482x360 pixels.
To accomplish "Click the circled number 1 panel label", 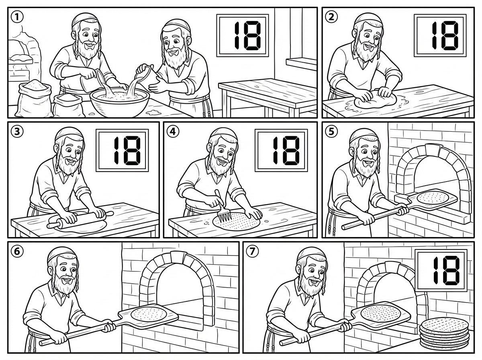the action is (17, 17).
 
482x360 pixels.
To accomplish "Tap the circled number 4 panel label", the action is (173, 132).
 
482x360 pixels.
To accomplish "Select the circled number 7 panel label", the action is (252, 252).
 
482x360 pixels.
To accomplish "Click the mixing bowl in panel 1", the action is (120, 101).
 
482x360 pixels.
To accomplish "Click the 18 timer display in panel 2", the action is (440, 36).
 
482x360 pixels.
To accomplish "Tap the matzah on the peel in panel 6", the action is (149, 314).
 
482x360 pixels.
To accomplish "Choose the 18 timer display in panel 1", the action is (243, 36).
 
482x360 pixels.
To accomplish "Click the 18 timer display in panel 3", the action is (122, 150).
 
